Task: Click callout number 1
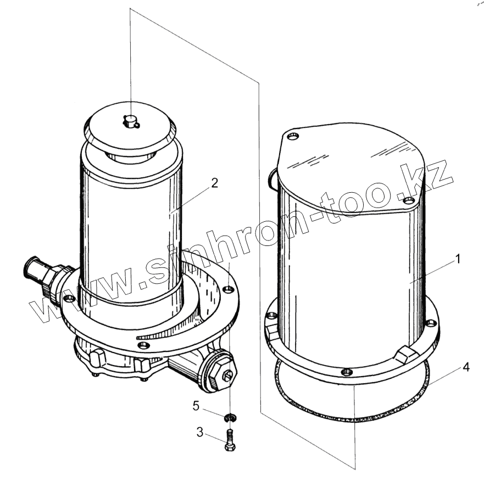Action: point(458,259)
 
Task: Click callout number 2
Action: point(214,183)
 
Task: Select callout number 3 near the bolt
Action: point(200,432)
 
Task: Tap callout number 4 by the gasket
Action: point(466,367)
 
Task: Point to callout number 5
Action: point(196,406)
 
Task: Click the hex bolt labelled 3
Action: point(230,440)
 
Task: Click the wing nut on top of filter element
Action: point(131,121)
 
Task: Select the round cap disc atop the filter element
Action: point(130,128)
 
